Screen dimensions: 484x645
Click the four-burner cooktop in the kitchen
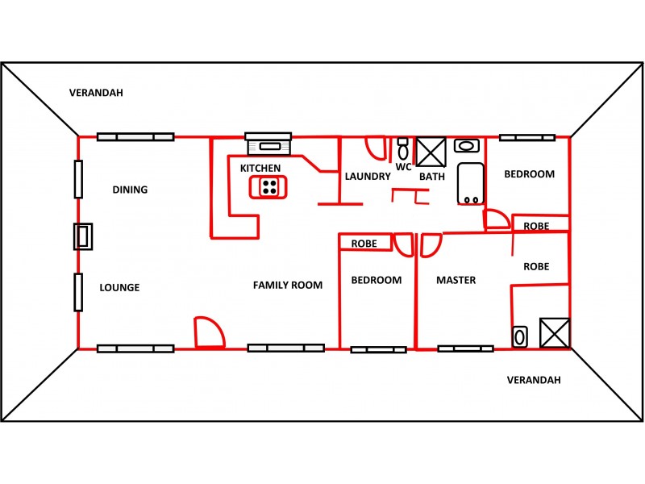click(x=269, y=187)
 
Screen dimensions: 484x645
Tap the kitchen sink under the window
click(x=268, y=146)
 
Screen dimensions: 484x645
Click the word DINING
click(x=130, y=190)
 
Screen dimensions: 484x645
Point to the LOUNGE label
click(x=119, y=287)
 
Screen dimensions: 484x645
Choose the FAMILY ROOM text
click(x=287, y=285)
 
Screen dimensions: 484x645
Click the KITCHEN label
click(x=260, y=169)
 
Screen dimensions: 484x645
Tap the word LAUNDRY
click(x=368, y=176)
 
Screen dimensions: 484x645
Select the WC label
click(x=404, y=167)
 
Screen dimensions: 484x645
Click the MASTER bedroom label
click(x=456, y=281)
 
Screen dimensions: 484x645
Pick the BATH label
click(x=432, y=177)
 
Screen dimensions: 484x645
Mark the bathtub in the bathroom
click(x=470, y=184)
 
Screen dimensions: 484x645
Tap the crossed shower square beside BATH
click(x=430, y=151)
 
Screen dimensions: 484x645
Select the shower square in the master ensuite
click(x=555, y=332)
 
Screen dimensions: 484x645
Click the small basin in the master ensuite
click(x=519, y=336)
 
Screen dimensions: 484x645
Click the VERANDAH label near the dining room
click(x=96, y=93)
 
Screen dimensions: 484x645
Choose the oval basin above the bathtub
click(x=466, y=146)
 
